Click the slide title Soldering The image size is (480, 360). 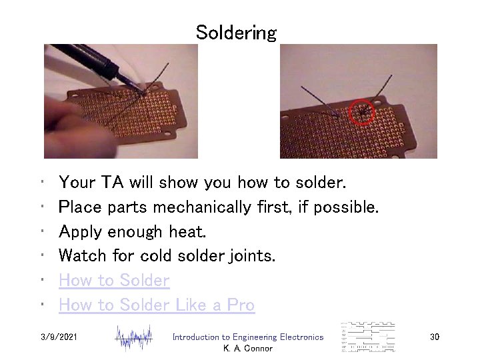click(x=236, y=33)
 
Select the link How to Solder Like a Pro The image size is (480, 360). click(x=157, y=305)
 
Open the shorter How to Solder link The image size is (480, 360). click(x=114, y=281)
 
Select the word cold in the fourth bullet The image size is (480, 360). click(x=177, y=256)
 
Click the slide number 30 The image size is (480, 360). click(x=434, y=337)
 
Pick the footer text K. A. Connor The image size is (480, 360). click(x=247, y=349)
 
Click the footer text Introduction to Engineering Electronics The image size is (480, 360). click(x=247, y=337)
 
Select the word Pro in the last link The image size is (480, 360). click(x=240, y=305)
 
